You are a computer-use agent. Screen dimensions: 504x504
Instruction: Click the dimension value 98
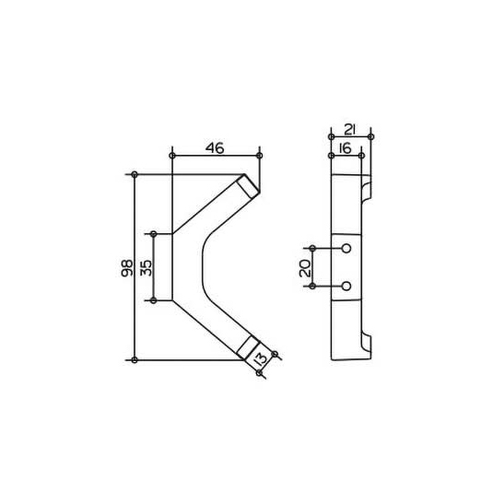(127, 268)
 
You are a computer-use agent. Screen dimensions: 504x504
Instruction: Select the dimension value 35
(146, 268)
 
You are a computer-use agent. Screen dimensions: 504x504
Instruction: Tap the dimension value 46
(215, 148)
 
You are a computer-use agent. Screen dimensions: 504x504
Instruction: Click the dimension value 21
(350, 130)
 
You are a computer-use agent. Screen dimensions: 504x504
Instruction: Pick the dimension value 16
(345, 149)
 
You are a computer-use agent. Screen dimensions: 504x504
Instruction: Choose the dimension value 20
(305, 268)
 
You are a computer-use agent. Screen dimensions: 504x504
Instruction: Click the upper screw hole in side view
(346, 249)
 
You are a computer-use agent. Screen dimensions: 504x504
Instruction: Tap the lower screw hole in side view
(346, 286)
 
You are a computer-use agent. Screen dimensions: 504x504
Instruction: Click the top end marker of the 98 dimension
(135, 174)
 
